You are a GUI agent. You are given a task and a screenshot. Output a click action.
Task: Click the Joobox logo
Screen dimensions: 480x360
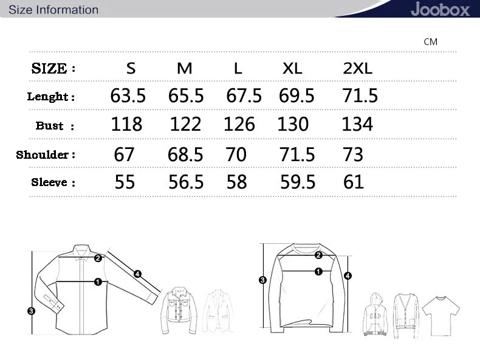441,9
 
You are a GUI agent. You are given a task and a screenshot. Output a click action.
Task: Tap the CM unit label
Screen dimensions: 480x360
430,42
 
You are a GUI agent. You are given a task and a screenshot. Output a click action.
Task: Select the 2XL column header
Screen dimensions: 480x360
357,68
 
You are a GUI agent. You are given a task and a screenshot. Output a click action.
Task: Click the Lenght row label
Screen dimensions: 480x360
51,97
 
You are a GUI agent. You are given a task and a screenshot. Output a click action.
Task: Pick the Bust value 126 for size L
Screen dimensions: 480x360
239,124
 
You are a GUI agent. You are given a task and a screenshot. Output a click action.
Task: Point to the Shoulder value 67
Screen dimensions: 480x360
124,154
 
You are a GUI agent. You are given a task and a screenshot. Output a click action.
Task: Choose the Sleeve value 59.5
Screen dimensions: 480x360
298,182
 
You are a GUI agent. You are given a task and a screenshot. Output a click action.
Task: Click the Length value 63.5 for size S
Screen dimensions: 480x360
128,95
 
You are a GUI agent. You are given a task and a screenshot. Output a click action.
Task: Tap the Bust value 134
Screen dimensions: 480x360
357,124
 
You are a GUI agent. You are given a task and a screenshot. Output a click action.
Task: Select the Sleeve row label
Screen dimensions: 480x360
53,182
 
